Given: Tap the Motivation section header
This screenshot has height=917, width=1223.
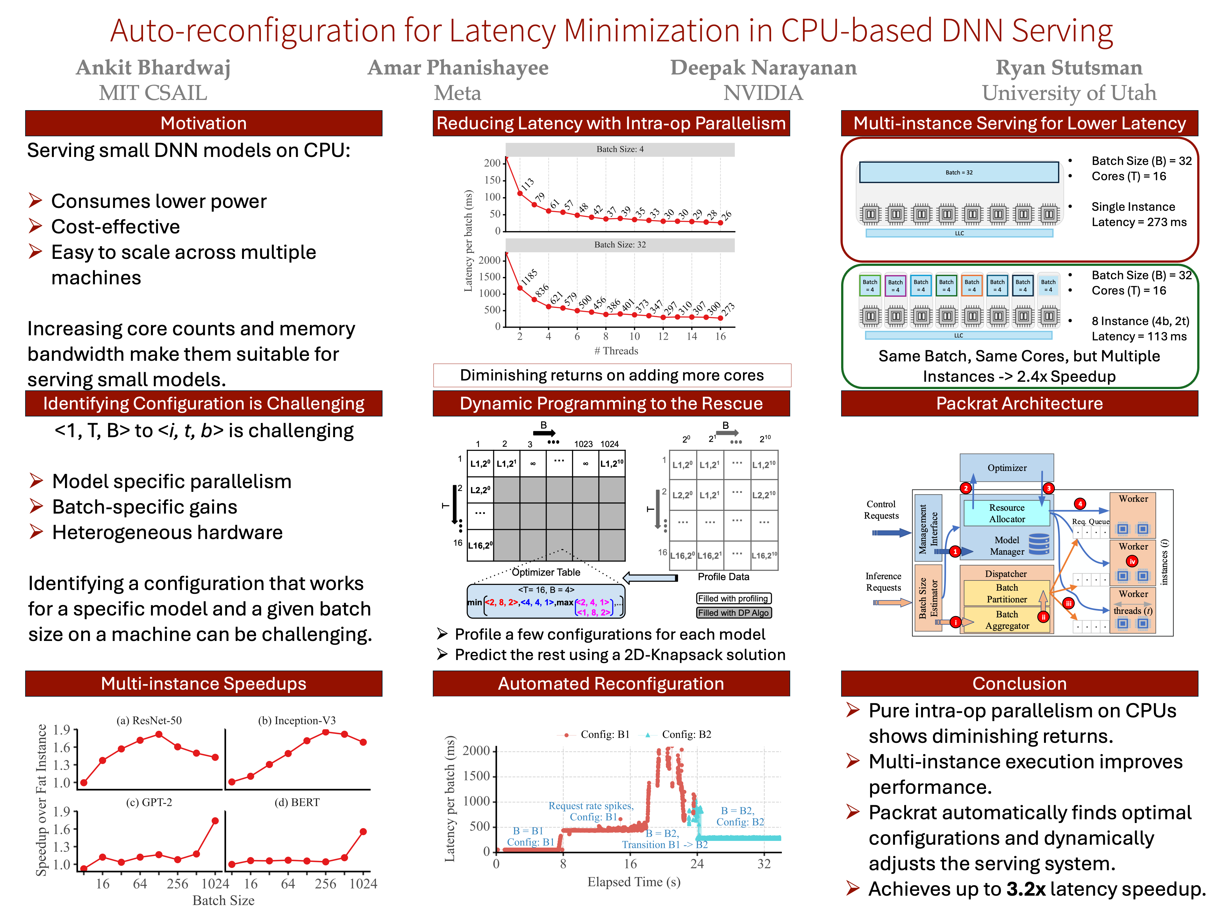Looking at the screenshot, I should [204, 123].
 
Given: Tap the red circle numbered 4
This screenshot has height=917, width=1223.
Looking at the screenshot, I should [1079, 503].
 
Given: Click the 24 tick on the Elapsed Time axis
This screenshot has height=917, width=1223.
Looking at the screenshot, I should [697, 864].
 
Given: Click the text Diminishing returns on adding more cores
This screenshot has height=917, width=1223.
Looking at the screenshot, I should [611, 375].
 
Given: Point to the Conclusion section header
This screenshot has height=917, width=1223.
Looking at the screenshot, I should [1019, 684].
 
